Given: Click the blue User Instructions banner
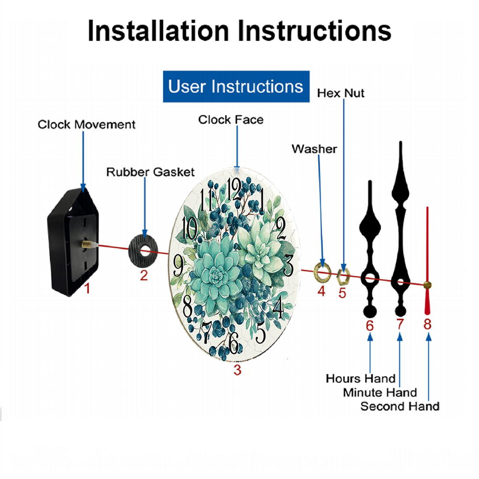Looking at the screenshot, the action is tap(236, 86).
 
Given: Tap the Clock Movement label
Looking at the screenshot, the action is tap(86, 125).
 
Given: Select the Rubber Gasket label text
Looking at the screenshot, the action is tap(150, 172).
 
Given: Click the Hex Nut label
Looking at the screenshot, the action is tap(341, 93).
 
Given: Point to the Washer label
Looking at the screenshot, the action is tap(314, 149).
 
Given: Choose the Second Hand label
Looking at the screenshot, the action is tap(400, 406).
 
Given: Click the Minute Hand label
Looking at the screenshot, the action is tap(380, 392).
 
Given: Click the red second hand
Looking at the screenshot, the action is tap(427, 261).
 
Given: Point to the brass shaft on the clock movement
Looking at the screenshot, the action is tap(88, 244).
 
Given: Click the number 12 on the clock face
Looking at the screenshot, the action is tap(234, 189).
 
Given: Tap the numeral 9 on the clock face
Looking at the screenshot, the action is tap(178, 265).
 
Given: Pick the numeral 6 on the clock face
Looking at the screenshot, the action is tap(234, 342).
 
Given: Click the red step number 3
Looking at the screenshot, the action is tap(238, 370).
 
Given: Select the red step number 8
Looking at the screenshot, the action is tap(427, 324).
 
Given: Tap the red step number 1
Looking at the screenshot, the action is tap(87, 288).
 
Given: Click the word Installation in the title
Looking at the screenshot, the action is tap(158, 31).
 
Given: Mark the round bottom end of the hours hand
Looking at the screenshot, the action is tap(370, 311).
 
